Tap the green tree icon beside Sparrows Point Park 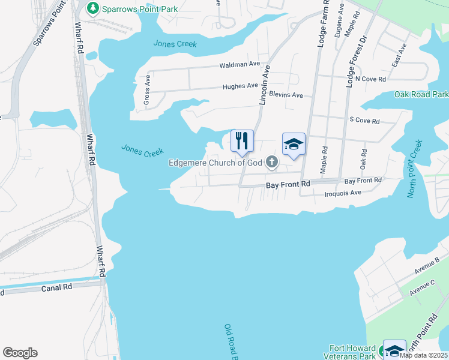pos(92,8)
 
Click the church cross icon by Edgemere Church pos(273,161)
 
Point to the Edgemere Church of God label pos(217,162)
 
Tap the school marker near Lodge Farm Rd pos(294,145)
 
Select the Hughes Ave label pos(240,86)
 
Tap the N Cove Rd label pos(370,79)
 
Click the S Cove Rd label pos(364,121)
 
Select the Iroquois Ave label pos(342,193)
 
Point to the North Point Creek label pos(415,169)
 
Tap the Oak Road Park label pos(421,95)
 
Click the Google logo pos(20,353)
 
